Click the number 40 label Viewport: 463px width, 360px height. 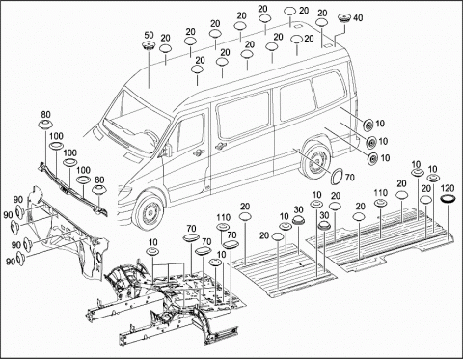click(358, 18)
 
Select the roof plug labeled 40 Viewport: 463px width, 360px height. click(345, 18)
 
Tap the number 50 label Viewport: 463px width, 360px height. click(149, 35)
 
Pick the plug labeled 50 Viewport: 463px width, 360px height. click(149, 45)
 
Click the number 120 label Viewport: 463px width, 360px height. click(448, 188)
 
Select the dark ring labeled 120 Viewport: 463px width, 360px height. click(449, 199)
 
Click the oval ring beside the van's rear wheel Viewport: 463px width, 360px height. click(338, 176)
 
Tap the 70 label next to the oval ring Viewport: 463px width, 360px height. click(350, 178)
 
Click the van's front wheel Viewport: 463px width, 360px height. click(149, 211)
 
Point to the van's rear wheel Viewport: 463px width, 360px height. click(316, 161)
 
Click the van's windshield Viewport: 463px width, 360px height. click(137, 122)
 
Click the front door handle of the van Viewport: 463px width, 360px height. click(199, 152)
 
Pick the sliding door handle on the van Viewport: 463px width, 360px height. click(220, 146)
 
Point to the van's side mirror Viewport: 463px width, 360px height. click(167, 149)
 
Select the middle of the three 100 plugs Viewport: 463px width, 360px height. click(69, 162)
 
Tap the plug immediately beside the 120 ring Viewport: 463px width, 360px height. click(425, 200)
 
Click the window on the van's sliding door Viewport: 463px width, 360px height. click(243, 115)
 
